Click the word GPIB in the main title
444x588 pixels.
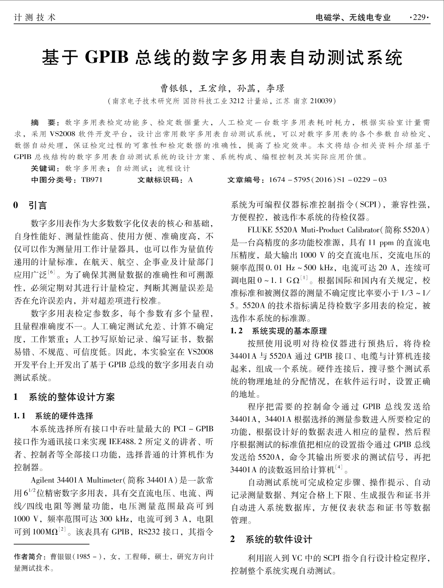(x=107, y=57)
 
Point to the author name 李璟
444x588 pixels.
(x=275, y=88)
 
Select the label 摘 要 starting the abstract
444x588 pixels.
(x=42, y=122)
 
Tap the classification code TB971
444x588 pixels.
(x=92, y=180)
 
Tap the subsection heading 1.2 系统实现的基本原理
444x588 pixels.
(x=279, y=331)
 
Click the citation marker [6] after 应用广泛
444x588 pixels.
(x=51, y=272)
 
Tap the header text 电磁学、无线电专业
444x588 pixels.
(x=352, y=18)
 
